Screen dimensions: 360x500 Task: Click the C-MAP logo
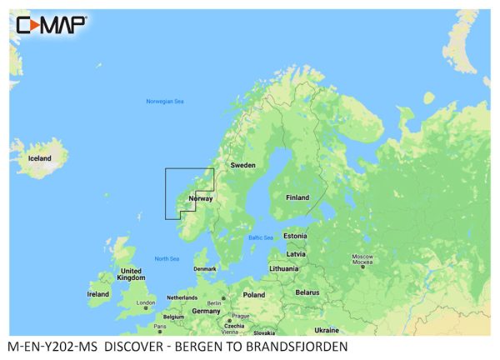click(x=51, y=24)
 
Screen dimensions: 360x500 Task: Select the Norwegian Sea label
click(x=164, y=102)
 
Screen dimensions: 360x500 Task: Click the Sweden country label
click(x=242, y=165)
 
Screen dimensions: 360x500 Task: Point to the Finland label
click(x=297, y=197)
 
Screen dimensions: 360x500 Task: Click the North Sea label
click(x=167, y=258)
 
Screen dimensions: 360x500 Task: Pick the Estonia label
click(x=295, y=236)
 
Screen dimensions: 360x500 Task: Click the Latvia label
click(x=296, y=253)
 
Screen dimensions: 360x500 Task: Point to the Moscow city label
click(x=362, y=256)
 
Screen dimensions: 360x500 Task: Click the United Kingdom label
click(x=131, y=275)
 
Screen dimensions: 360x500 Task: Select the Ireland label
click(x=98, y=294)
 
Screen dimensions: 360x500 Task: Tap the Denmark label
click(x=204, y=268)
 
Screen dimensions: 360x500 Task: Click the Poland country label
click(x=253, y=294)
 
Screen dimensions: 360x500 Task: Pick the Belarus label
click(x=308, y=292)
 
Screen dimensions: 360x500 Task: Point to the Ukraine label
click(x=327, y=330)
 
